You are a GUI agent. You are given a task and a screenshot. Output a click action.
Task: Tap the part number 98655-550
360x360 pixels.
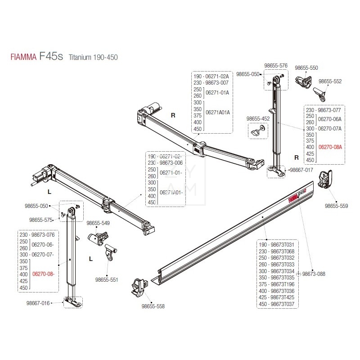(x=306, y=67)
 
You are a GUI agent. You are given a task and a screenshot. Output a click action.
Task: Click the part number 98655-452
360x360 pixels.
(x=258, y=119)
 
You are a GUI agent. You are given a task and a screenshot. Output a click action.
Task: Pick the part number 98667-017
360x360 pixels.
(x=301, y=170)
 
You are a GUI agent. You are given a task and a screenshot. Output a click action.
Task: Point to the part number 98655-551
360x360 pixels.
(x=107, y=279)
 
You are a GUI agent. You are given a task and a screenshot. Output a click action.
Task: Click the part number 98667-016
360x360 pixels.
(x=38, y=303)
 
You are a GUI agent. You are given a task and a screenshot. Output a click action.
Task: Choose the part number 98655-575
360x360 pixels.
(x=41, y=220)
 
